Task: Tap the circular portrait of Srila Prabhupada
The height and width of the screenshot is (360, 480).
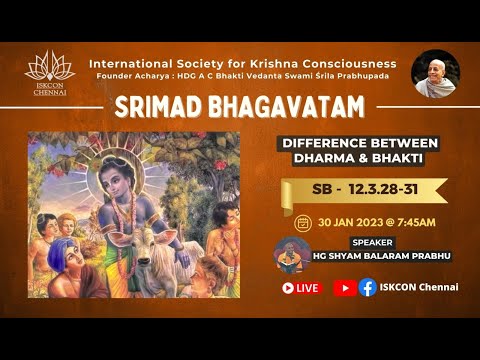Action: tap(435, 73)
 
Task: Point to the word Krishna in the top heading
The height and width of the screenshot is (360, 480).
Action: tap(290, 63)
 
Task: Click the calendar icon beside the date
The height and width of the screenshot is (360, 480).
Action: tap(302, 223)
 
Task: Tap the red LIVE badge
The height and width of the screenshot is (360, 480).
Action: tap(301, 287)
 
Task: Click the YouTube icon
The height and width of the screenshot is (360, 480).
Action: tap(343, 287)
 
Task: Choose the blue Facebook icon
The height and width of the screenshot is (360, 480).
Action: tap(367, 287)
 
